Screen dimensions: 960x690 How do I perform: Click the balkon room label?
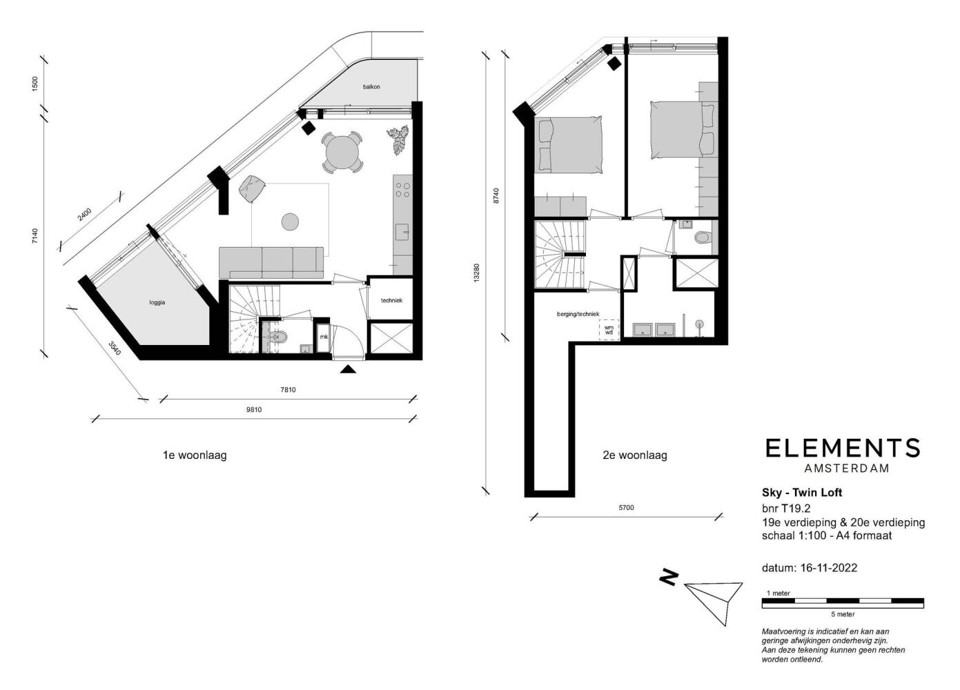[371, 86]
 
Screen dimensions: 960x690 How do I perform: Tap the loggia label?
[157, 303]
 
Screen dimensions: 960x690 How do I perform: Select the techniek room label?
[392, 300]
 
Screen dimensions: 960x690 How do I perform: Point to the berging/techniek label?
[578, 314]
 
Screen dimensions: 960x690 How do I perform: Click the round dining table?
[342, 152]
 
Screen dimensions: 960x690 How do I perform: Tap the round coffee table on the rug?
[290, 221]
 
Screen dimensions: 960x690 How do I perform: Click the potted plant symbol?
[399, 138]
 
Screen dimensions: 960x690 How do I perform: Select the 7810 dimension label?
[288, 390]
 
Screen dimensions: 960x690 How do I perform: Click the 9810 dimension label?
[254, 409]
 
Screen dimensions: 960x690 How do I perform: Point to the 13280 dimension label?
[477, 273]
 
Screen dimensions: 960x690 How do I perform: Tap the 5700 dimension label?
[626, 507]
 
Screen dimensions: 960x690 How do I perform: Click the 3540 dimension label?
[115, 348]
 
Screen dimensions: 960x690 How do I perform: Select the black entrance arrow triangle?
[348, 368]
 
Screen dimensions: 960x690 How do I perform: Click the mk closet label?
[324, 337]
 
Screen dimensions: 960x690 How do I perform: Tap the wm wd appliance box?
[609, 330]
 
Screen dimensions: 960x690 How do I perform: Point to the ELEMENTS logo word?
[842, 448]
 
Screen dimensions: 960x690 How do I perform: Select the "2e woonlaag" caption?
[635, 455]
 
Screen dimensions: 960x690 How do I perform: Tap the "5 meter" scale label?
[843, 614]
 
